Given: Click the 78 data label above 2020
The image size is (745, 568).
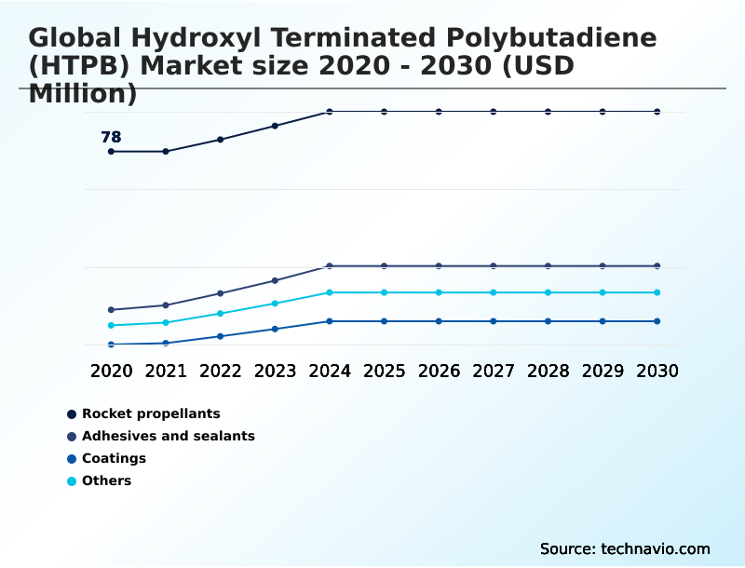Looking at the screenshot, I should click(111, 138).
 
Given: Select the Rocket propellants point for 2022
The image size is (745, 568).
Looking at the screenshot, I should click(221, 140).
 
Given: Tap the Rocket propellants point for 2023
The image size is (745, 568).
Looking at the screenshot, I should click(275, 126).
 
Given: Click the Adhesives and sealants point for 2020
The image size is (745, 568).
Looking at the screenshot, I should click(111, 310).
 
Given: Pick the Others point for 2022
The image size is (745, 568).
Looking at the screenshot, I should click(221, 314).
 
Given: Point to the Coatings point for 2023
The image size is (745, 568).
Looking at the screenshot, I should click(275, 329).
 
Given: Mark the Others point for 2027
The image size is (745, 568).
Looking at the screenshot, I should click(494, 292).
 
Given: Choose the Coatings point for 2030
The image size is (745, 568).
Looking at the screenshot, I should click(657, 321).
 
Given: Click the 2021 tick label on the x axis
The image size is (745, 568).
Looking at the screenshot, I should click(166, 371).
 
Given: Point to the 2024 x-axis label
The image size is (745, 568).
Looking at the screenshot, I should click(330, 371).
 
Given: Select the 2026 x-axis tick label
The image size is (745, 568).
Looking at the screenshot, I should click(439, 371).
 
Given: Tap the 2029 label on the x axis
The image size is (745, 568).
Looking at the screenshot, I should click(603, 371).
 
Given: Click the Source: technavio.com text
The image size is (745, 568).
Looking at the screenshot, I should click(625, 548).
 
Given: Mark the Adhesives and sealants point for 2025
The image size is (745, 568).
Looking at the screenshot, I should click(384, 266).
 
